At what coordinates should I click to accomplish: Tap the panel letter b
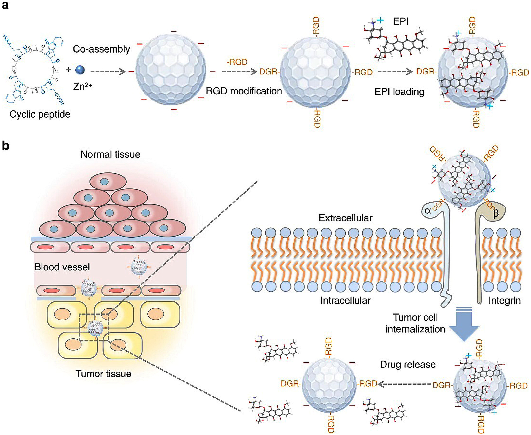[x=6, y=146]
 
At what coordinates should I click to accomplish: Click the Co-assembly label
[x=101, y=49]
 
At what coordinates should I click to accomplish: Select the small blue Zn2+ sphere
[x=80, y=70]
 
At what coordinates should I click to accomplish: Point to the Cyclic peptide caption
[x=40, y=114]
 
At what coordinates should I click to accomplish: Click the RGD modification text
[x=244, y=91]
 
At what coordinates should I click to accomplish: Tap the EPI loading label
[x=399, y=92]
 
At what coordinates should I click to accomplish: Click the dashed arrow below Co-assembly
[x=108, y=72]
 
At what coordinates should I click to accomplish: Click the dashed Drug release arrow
[x=404, y=384]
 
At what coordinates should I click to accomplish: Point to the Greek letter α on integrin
[x=428, y=211]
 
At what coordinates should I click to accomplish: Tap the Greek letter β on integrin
[x=496, y=213]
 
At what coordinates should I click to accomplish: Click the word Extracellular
[x=345, y=218]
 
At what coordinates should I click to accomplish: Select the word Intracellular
[x=345, y=301]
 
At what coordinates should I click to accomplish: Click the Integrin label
[x=504, y=301]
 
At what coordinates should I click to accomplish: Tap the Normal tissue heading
[x=110, y=154]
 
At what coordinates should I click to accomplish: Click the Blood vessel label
[x=62, y=267]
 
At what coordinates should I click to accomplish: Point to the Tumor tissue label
[x=103, y=374]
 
